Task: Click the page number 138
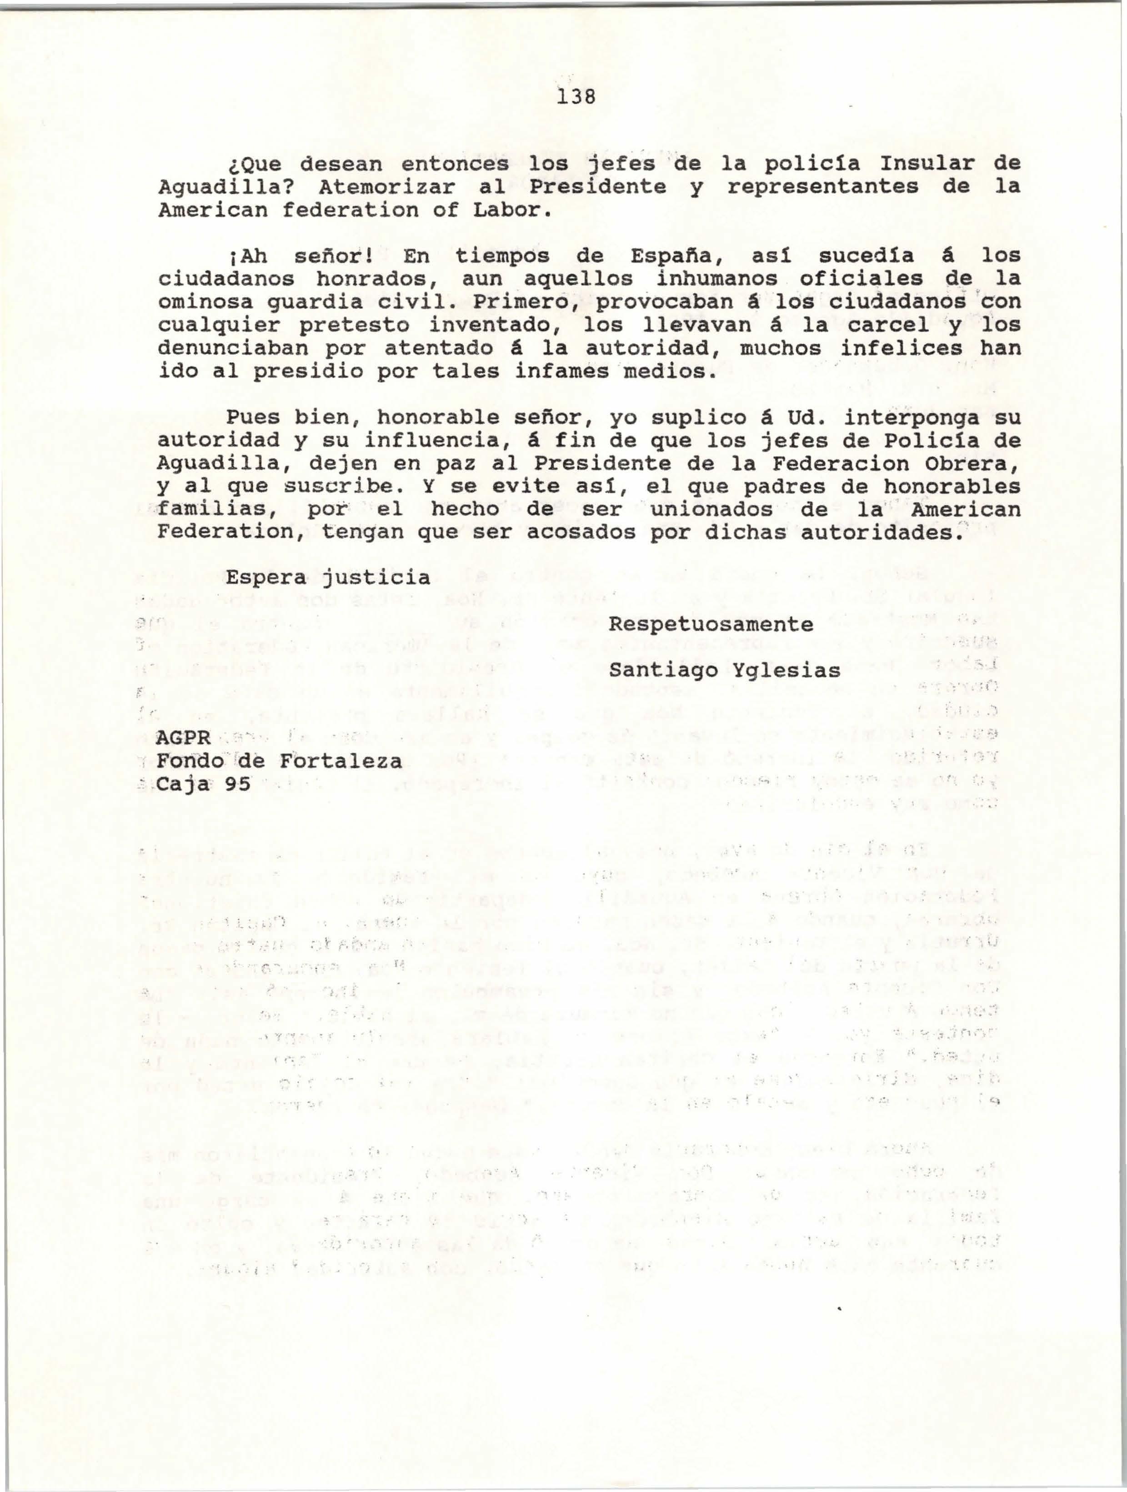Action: pyautogui.click(x=575, y=98)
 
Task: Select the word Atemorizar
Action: pyautogui.click(x=389, y=187)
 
